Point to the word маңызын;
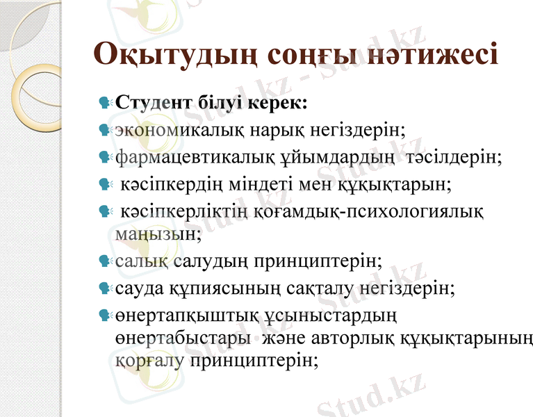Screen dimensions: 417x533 (x=158, y=234)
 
